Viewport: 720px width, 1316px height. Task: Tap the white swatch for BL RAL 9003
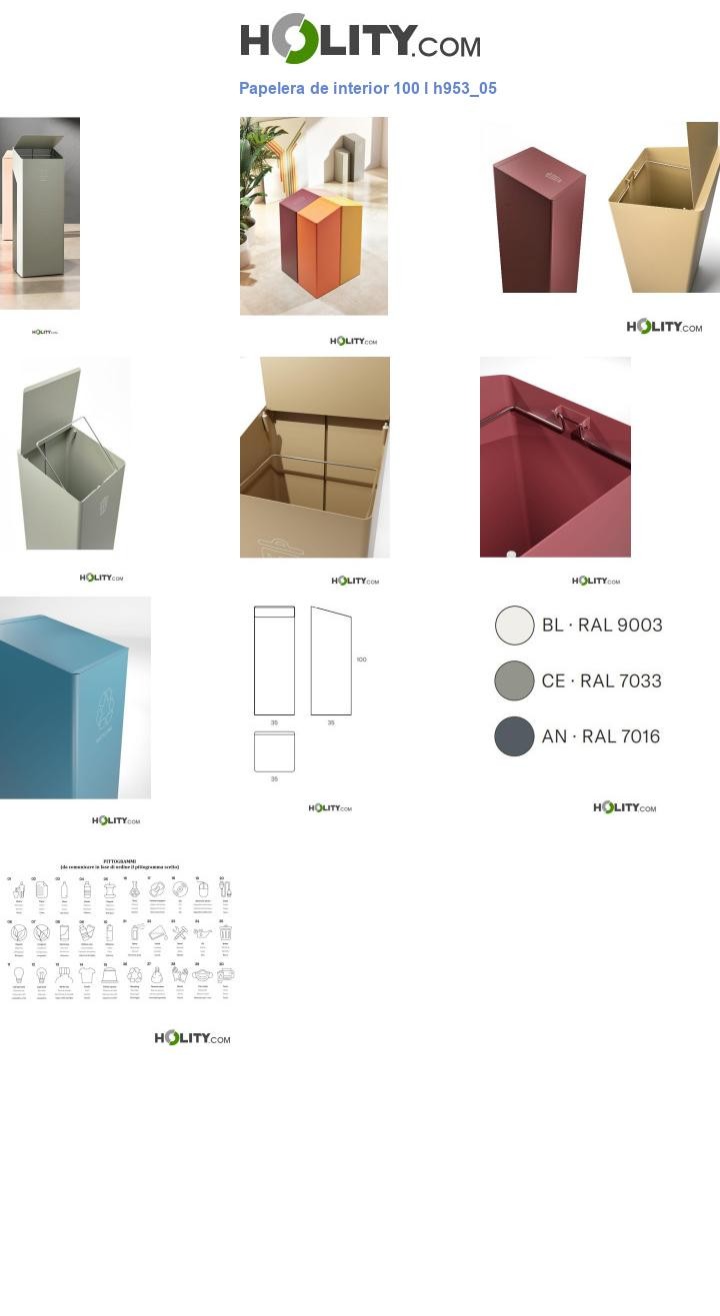pos(514,626)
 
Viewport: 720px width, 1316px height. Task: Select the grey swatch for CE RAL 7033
pos(514,680)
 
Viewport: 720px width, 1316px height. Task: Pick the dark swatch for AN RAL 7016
pos(514,736)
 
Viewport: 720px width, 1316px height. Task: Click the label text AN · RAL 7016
pos(601,736)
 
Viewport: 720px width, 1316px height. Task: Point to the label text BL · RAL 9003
pos(602,626)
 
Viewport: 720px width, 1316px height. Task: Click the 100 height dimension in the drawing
pos(361,659)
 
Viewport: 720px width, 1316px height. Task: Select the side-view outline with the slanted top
pos(330,661)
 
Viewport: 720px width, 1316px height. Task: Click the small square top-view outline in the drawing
pos(274,751)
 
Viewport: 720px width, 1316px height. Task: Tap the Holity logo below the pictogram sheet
pos(192,1038)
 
